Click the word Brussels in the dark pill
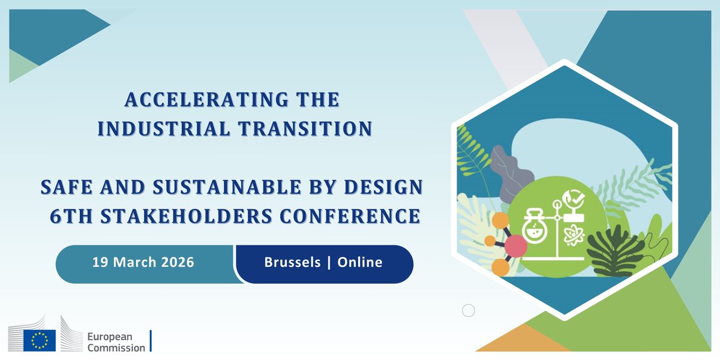point(292,263)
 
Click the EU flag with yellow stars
point(40,340)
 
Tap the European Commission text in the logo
point(116,341)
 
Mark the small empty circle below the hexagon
point(469,310)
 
